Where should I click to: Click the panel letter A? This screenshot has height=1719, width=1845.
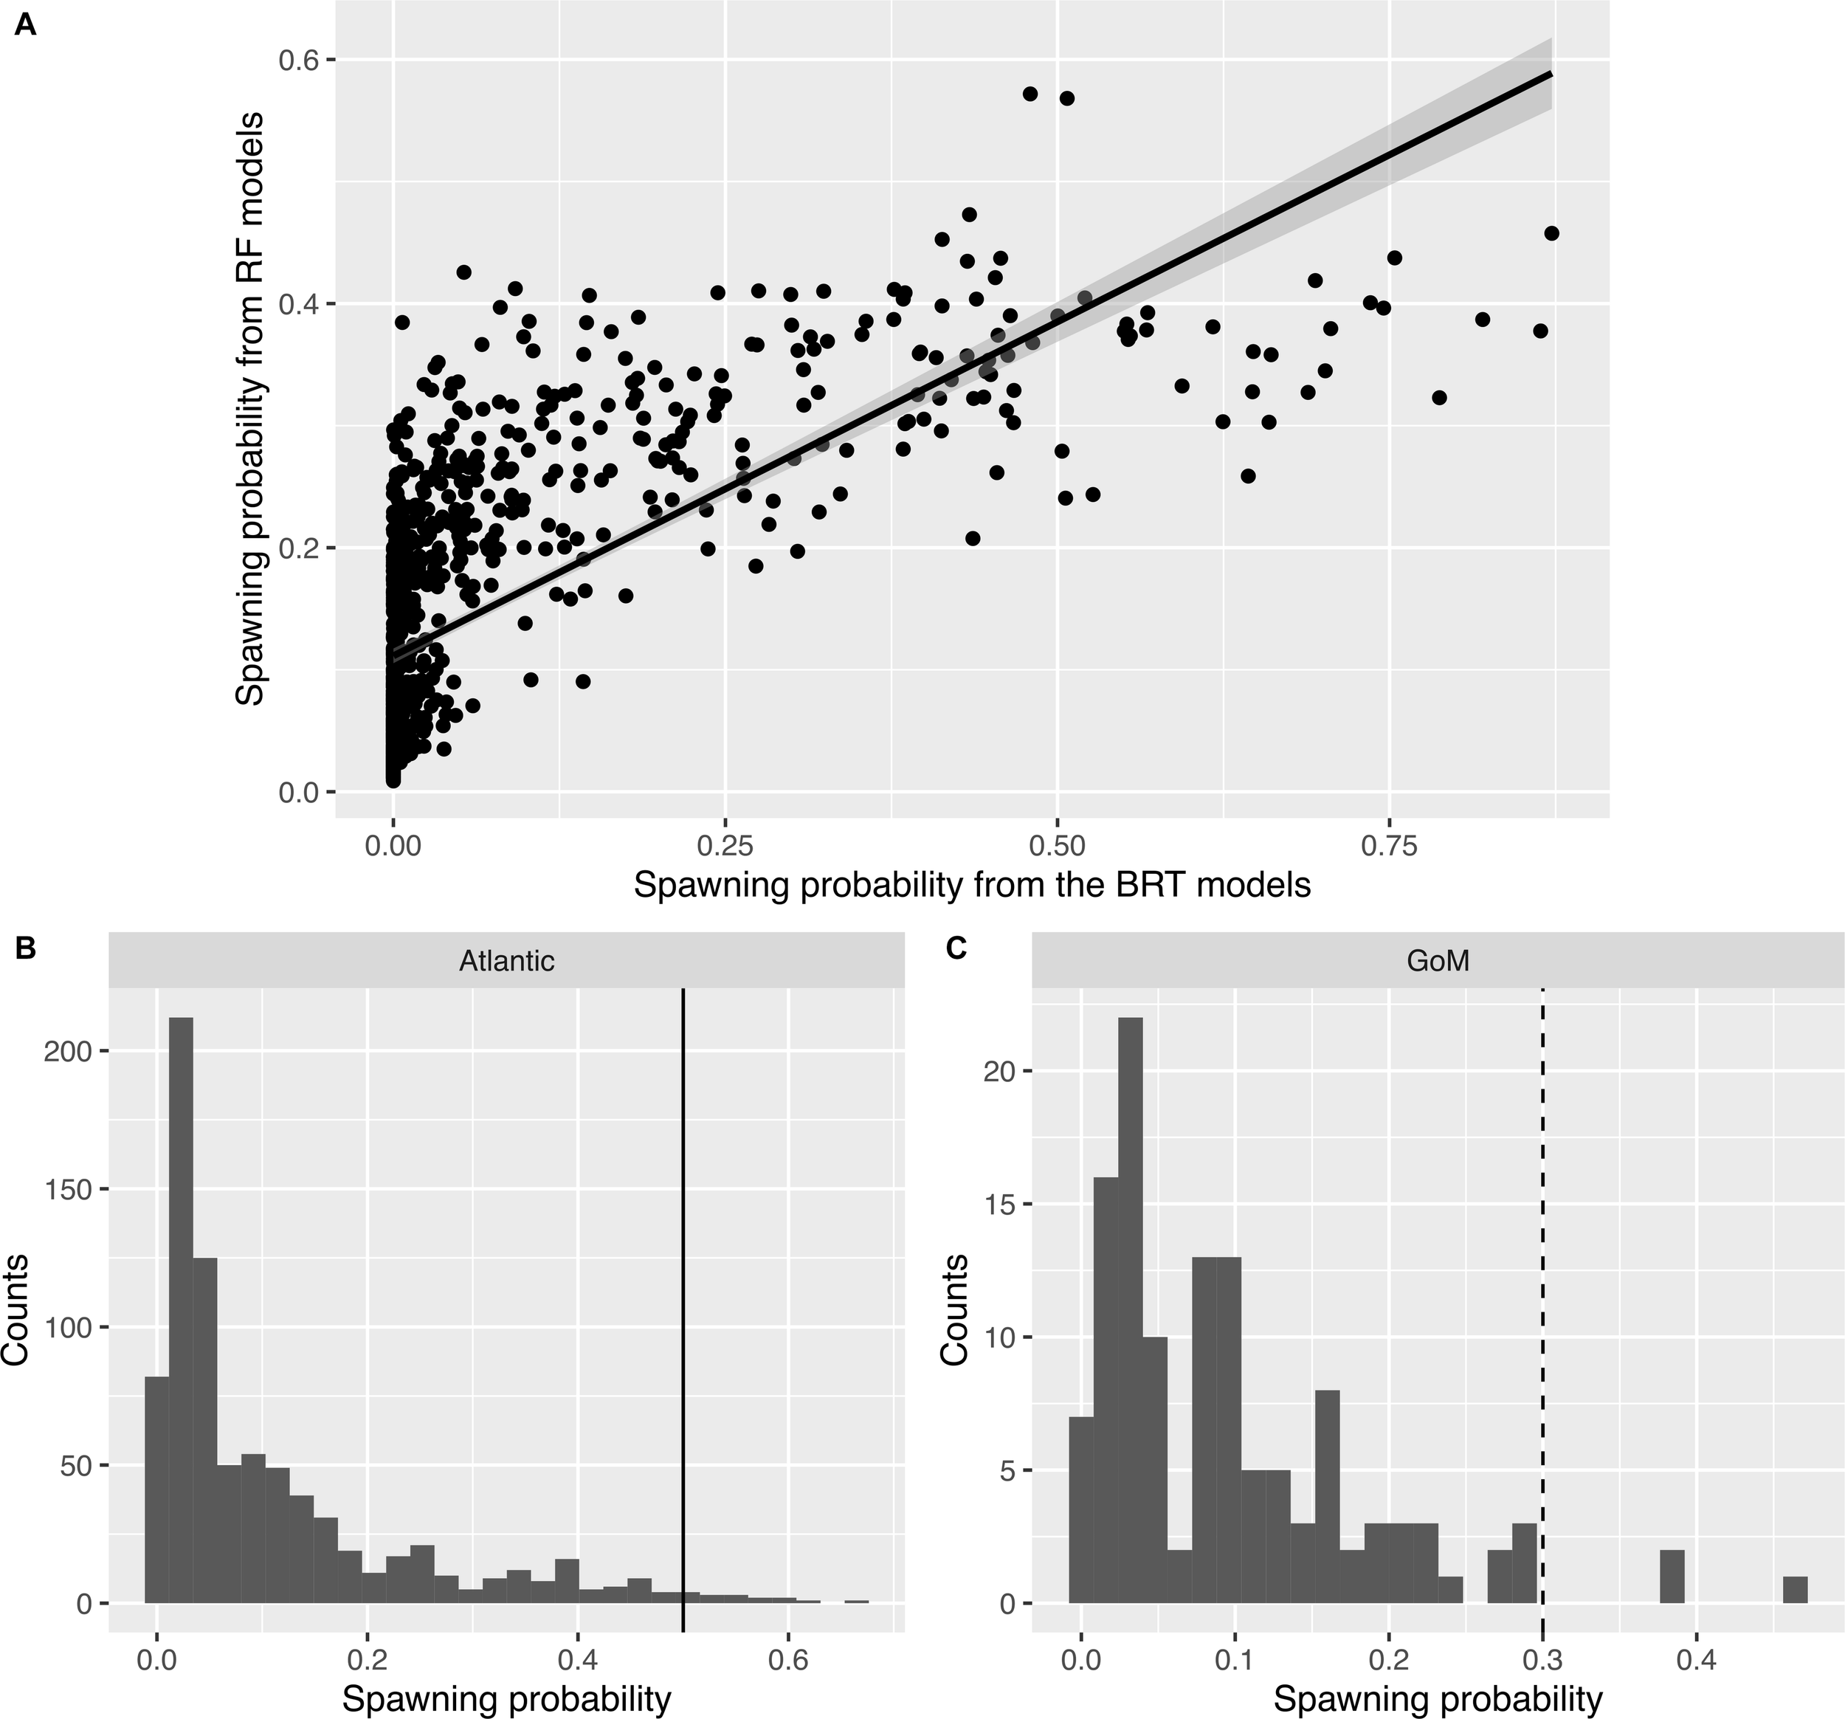click(26, 25)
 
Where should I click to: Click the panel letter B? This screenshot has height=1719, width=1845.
click(26, 948)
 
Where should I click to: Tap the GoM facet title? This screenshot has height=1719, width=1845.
click(1438, 961)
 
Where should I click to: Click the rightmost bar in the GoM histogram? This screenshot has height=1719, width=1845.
click(1795, 1589)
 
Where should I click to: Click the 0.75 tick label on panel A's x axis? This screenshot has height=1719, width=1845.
click(1388, 848)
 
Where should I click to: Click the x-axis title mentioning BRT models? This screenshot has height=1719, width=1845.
click(972, 886)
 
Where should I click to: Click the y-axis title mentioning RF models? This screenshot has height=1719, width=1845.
click(249, 408)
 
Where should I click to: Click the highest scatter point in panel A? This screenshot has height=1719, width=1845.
click(1030, 94)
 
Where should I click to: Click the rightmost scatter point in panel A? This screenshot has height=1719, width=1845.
click(1551, 233)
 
